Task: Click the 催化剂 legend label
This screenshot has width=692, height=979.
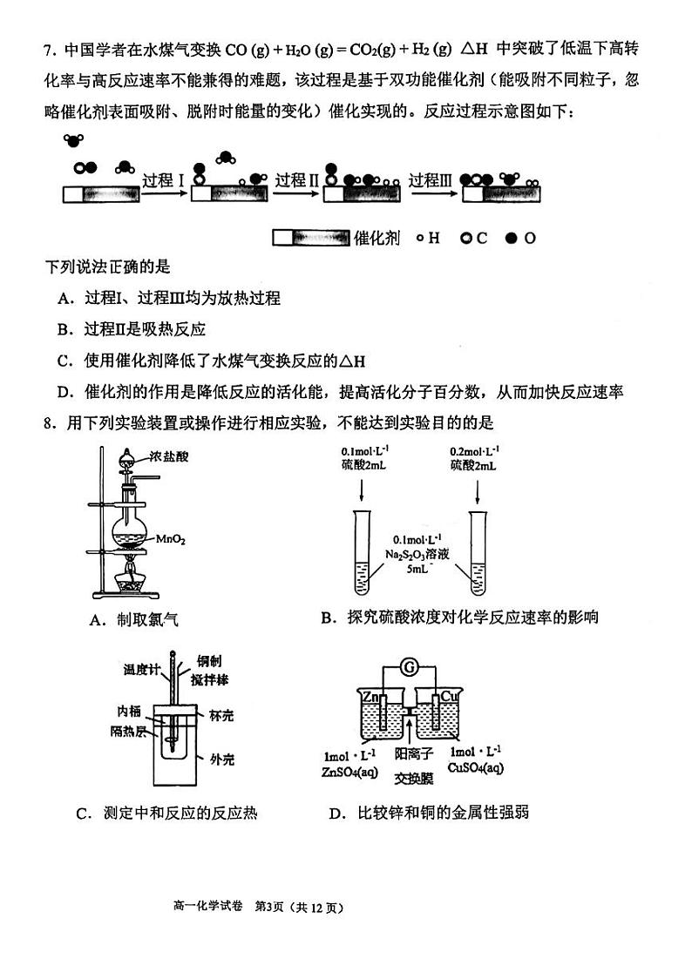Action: (377, 238)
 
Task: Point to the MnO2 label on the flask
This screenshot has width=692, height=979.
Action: (171, 540)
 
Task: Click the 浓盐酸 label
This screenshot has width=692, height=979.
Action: (167, 456)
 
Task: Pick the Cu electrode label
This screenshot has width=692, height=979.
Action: (449, 697)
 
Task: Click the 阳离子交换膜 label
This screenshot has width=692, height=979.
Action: (412, 765)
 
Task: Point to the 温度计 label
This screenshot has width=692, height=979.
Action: (141, 670)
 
